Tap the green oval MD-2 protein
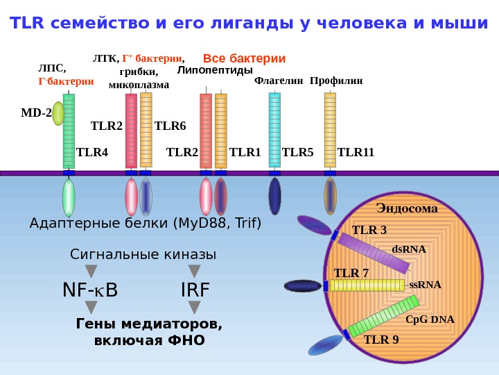pos(58,112)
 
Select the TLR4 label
pos(92,152)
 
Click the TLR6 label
pos(170,126)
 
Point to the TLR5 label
pos(298,152)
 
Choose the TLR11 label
pos(356,152)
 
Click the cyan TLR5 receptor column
pos(274,130)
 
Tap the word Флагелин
pos(279,81)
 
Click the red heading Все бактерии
pos(244,58)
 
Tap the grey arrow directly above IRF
pos(195,270)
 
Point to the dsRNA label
pos(409,249)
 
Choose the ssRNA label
pos(425,285)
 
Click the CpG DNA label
pos(430,319)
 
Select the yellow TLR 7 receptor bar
pos(367,285)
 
